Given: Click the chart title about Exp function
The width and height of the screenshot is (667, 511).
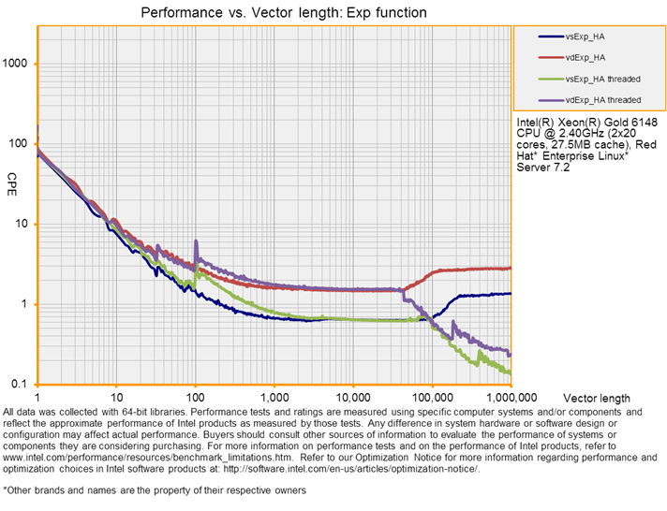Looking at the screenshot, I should pyautogui.click(x=283, y=13).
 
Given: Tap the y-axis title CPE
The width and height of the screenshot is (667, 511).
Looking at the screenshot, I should pyautogui.click(x=12, y=179).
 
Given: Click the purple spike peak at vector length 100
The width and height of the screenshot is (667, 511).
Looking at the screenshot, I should pyautogui.click(x=196, y=241).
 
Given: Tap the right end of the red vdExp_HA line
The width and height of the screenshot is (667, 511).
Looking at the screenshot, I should pyautogui.click(x=511, y=268).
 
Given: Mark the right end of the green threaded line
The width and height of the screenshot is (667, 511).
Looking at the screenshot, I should pyautogui.click(x=511, y=372).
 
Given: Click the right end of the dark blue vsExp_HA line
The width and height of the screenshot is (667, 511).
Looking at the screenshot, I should pyautogui.click(x=511, y=294).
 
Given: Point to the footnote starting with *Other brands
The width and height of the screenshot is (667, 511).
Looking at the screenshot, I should pyautogui.click(x=155, y=489).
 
